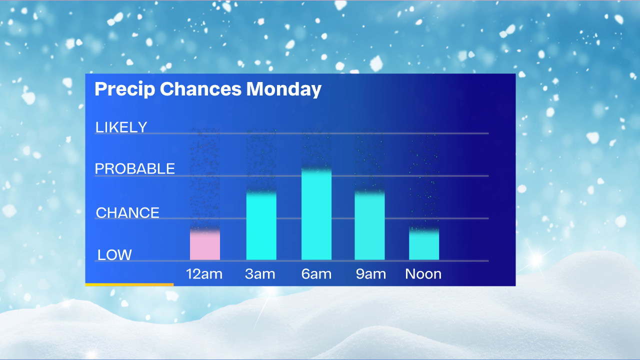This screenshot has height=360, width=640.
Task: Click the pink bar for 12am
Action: (205, 245)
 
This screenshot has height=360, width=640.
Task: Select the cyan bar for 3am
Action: (261, 225)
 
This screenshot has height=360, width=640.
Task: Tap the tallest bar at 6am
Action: (316, 214)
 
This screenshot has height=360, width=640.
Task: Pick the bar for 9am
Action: (369, 225)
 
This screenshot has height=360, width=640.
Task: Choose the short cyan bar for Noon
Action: (423, 244)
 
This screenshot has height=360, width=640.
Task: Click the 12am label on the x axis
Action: (204, 274)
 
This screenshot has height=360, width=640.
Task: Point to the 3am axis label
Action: (260, 274)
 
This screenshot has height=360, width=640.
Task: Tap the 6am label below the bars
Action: (316, 274)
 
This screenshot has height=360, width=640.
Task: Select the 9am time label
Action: (370, 274)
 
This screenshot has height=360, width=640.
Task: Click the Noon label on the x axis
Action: (423, 274)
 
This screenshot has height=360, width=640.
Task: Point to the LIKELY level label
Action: (121, 127)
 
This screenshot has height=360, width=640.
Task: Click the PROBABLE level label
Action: (134, 168)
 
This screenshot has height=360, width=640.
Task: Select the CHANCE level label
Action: (127, 213)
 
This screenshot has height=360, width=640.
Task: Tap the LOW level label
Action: (114, 255)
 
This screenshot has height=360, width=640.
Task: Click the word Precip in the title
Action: (125, 89)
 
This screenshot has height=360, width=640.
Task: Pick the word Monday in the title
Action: (283, 89)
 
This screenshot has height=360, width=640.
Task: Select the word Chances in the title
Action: (200, 88)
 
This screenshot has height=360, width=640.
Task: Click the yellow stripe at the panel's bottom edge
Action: (129, 284)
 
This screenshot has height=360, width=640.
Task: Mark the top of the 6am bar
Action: (316, 169)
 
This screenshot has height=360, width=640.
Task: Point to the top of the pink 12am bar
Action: (205, 230)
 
